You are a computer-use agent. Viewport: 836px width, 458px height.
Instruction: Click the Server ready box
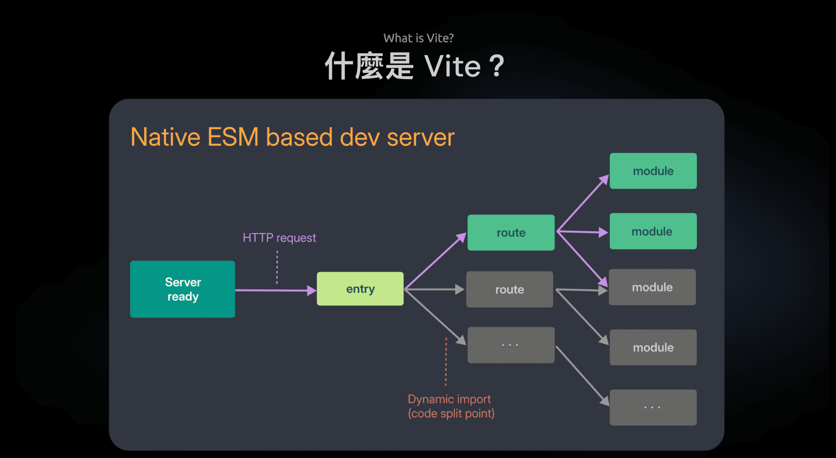[182, 289]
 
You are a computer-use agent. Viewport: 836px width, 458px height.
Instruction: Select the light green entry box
[360, 289]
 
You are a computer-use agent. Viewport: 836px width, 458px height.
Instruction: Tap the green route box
[511, 232]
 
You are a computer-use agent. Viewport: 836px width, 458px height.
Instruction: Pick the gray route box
[509, 289]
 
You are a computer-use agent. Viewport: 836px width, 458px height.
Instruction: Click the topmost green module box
[653, 171]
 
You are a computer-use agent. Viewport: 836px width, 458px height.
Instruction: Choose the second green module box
[653, 231]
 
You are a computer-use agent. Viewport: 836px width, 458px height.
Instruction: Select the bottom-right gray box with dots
[653, 407]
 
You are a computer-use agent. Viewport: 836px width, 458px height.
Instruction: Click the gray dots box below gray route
[511, 345]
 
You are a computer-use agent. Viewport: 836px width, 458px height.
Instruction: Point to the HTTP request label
[279, 238]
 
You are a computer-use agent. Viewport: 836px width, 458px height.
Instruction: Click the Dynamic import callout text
[451, 406]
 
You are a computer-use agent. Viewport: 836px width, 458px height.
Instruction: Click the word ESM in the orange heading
[233, 137]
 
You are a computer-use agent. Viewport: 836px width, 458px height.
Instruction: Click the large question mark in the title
[496, 66]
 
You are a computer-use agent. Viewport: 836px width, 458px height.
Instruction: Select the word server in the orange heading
[421, 137]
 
